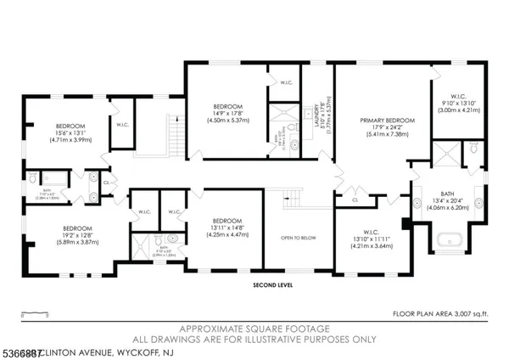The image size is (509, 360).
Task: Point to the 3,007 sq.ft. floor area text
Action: coord(442,313)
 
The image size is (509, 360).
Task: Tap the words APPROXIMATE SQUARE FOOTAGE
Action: coord(255,328)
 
